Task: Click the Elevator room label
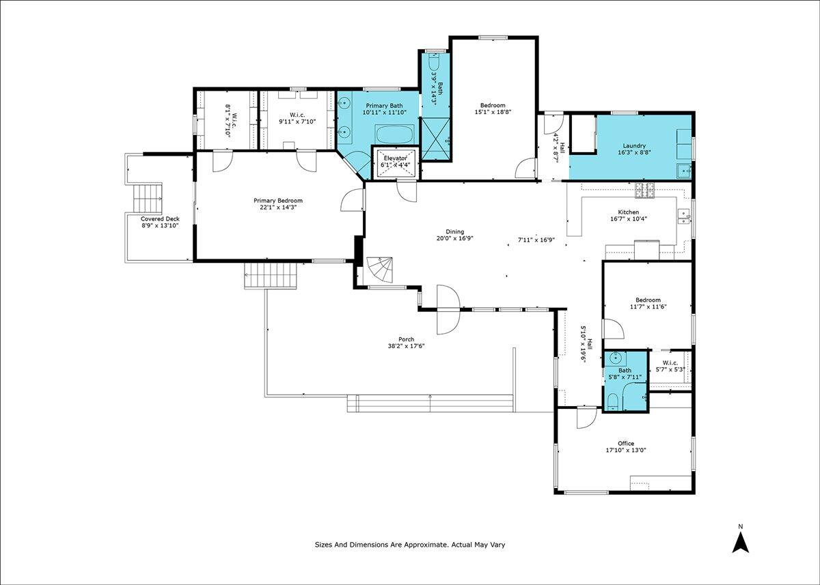[x=396, y=158]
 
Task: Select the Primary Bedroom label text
[x=278, y=201]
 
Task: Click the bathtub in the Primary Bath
[x=395, y=135]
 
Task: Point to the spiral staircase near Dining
[x=380, y=270]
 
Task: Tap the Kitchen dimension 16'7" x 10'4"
[x=629, y=219]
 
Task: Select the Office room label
[x=626, y=444]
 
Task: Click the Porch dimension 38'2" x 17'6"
[x=407, y=346]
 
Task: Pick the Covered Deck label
[x=160, y=219]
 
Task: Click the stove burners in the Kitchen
[x=644, y=190]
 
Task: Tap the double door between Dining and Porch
[x=448, y=309]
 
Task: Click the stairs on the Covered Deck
[x=147, y=199]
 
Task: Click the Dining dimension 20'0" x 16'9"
[x=455, y=238]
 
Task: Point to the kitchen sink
[x=684, y=216]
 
